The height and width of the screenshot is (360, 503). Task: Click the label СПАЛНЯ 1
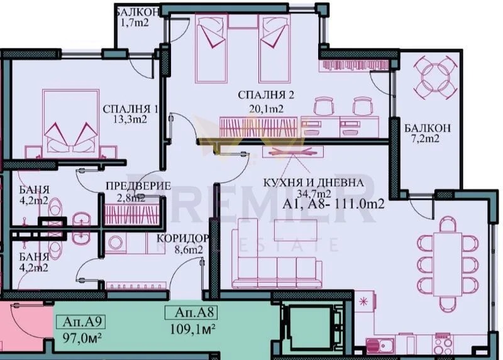click(x=130, y=109)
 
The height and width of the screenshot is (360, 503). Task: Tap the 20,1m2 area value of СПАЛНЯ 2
click(x=266, y=109)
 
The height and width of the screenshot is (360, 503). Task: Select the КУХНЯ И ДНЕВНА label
click(x=313, y=183)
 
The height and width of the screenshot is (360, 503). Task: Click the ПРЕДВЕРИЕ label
click(x=138, y=185)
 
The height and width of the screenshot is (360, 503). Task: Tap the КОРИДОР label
click(x=183, y=239)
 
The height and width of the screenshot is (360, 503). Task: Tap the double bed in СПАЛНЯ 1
click(x=70, y=123)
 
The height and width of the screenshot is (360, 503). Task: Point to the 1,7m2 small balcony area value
click(x=135, y=23)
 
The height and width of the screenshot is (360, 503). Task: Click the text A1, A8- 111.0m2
click(x=334, y=204)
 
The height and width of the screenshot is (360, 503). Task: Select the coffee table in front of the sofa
click(x=296, y=232)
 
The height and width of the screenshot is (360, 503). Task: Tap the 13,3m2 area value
click(x=130, y=119)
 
